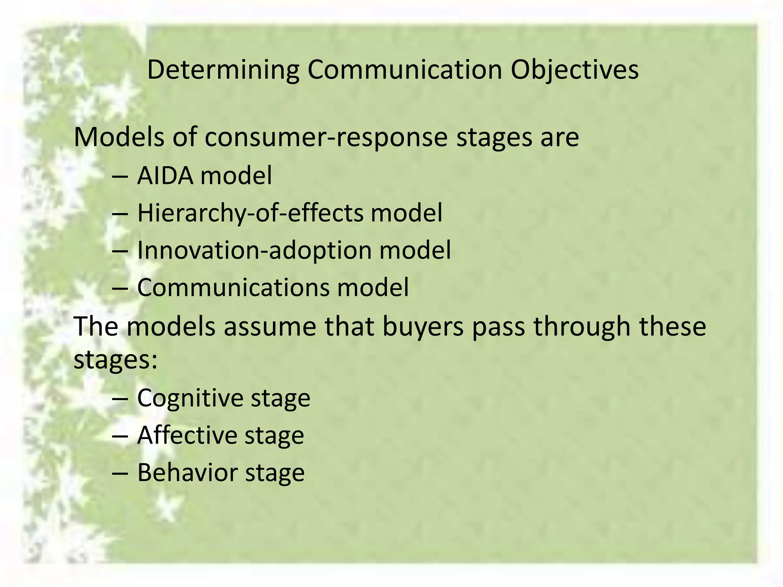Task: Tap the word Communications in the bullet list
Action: coord(233,287)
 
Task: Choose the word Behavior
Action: coord(187,472)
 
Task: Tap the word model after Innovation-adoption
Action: coord(415,250)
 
